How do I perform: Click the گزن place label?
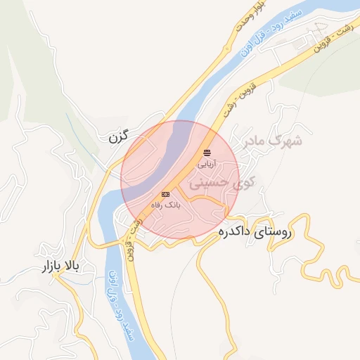point(120,136)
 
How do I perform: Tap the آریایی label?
point(207,164)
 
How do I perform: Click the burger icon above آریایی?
point(207,152)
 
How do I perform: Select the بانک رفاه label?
point(166,205)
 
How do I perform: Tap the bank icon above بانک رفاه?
point(166,194)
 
